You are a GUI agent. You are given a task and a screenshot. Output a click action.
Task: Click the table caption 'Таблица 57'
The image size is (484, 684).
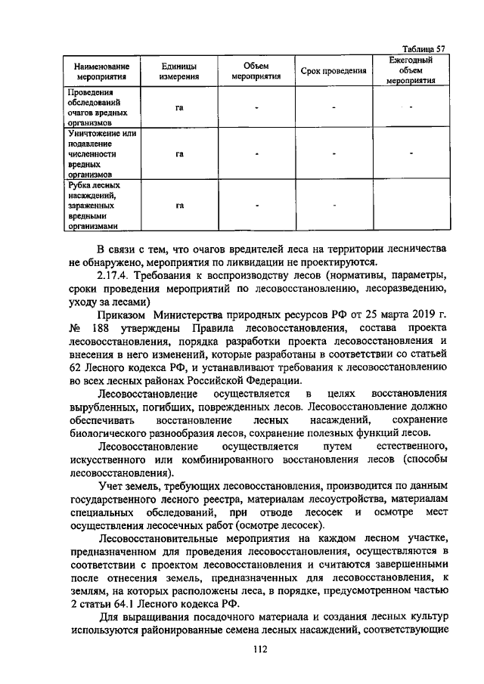pos(423,48)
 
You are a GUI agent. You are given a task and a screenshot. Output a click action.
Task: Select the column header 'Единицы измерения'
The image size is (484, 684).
pos(180,71)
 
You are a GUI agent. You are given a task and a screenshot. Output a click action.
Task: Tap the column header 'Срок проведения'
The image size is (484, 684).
pos(334,71)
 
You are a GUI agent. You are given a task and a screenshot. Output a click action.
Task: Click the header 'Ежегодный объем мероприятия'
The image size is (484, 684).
pos(411,70)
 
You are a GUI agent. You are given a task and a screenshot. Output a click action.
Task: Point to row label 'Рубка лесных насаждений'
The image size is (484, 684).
pos(95,205)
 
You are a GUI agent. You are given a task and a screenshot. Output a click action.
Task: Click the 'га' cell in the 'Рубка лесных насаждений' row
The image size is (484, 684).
pos(180,205)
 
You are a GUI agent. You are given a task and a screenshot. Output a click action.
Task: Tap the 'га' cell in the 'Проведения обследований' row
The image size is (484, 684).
pos(180,107)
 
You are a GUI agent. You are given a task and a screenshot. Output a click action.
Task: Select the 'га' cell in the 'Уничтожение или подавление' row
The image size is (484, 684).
pos(180,154)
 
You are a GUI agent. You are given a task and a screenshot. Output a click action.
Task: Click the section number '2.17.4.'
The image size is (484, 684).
pos(116,276)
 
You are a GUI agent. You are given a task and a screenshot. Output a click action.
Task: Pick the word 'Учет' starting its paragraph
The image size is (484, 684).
pos(111,485)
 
